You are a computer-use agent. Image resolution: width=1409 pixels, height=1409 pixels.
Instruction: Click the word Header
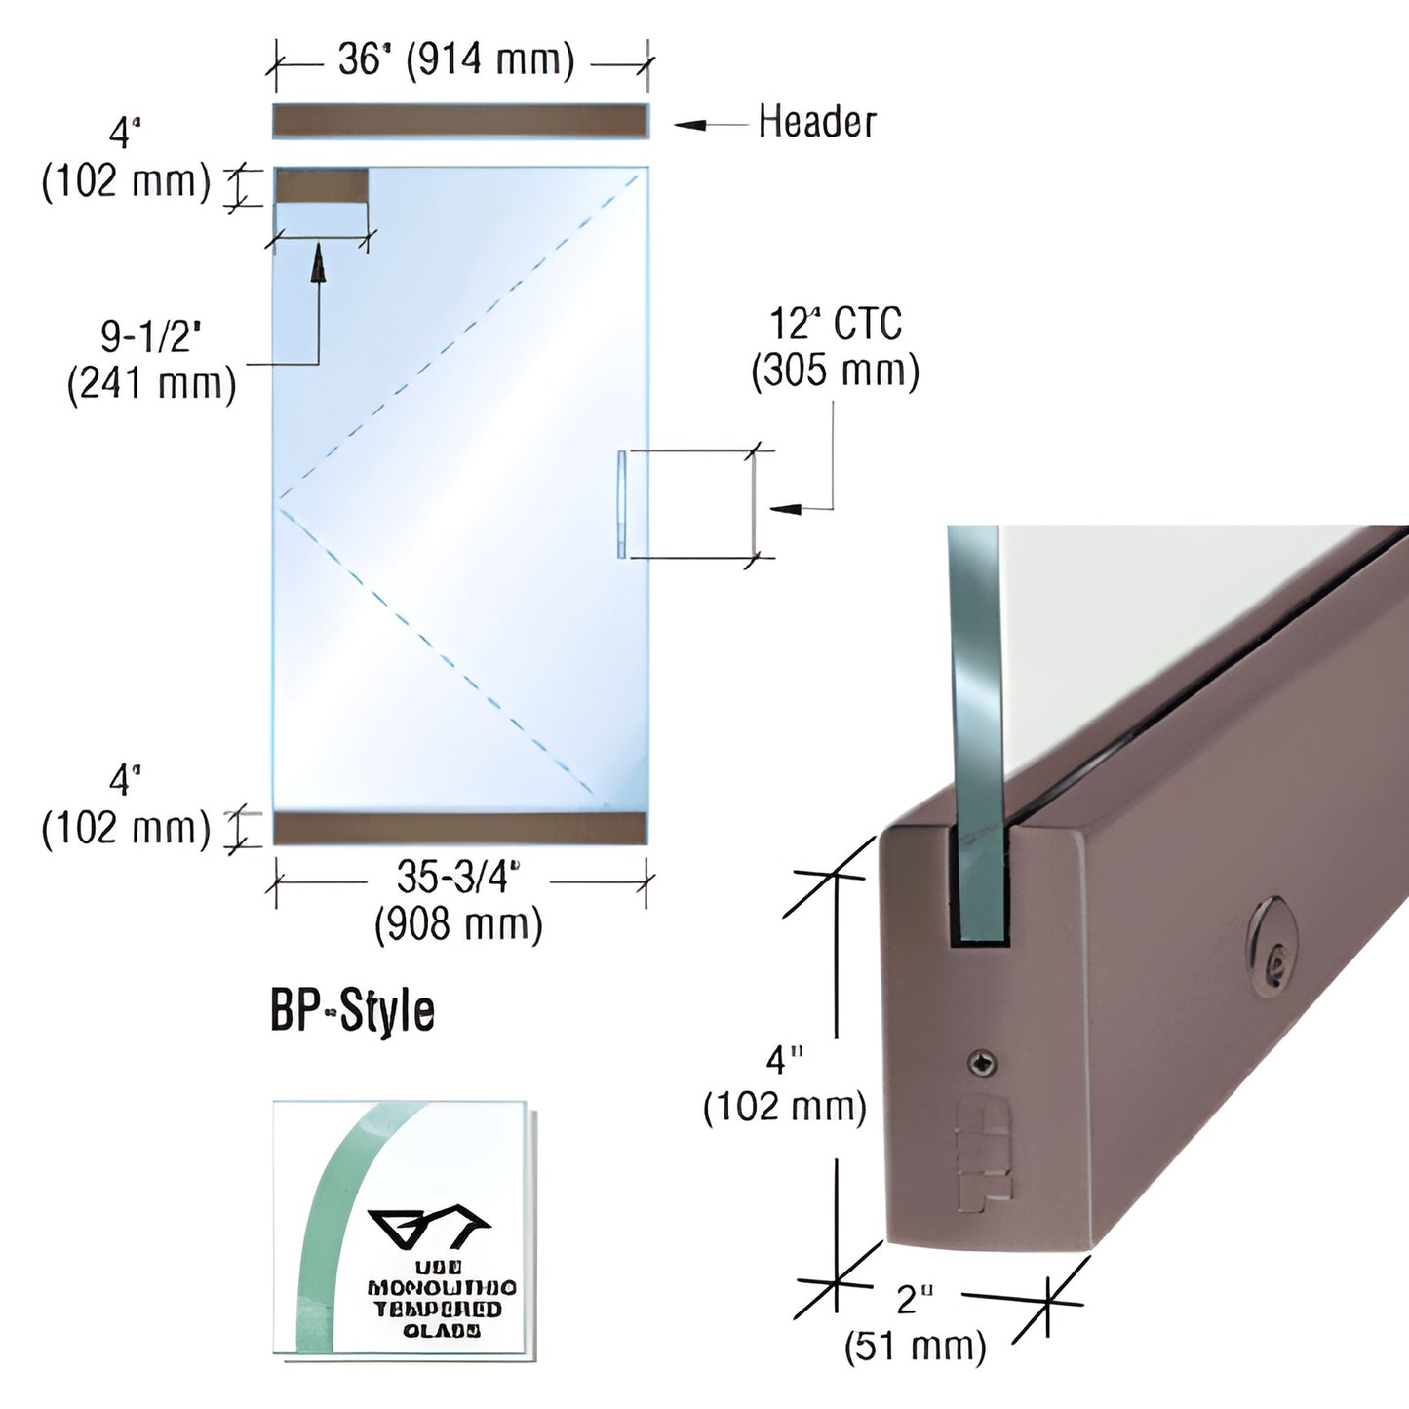pyautogui.click(x=817, y=123)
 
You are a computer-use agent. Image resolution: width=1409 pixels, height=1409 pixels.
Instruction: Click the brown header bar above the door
pyautogui.click(x=459, y=121)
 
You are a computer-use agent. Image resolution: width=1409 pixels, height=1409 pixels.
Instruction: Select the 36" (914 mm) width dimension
pyautogui.click(x=456, y=60)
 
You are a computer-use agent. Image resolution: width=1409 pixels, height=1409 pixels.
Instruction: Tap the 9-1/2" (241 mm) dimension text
pyautogui.click(x=152, y=361)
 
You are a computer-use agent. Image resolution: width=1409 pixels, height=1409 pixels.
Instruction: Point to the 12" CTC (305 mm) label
pyautogui.click(x=836, y=347)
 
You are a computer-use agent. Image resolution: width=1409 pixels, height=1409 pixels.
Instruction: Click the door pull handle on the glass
pyautogui.click(x=621, y=504)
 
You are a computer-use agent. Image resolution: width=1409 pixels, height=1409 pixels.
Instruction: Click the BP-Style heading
pyautogui.click(x=352, y=1011)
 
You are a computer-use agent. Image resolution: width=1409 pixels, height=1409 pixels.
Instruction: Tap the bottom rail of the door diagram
pyautogui.click(x=459, y=828)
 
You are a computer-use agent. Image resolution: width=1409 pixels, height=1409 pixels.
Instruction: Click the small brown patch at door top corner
pyautogui.click(x=321, y=184)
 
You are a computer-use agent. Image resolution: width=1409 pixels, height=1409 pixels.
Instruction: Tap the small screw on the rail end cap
pyautogui.click(x=982, y=1064)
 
